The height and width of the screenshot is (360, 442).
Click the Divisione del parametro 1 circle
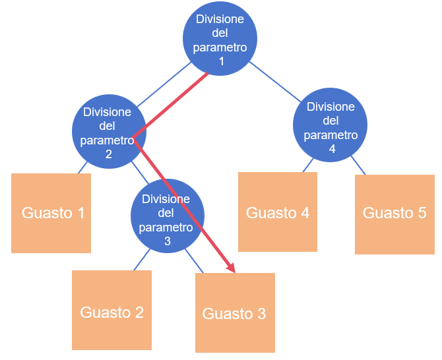[220, 40]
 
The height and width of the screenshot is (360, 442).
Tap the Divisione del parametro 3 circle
[168, 218]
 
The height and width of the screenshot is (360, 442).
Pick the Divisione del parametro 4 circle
[331, 127]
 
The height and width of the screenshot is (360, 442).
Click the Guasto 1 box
[51, 213]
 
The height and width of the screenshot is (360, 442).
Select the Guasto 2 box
[111, 310]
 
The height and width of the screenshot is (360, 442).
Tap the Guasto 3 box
[235, 313]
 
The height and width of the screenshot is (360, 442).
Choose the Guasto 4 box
[277, 212]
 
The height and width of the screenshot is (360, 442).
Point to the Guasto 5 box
[395, 214]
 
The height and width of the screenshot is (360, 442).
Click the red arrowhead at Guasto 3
[231, 268]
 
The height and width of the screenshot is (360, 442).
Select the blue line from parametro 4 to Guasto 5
[356, 165]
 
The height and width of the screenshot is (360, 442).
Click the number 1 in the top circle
[221, 61]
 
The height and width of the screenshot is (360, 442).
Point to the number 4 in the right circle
[332, 149]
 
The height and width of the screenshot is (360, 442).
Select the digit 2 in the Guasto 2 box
[138, 312]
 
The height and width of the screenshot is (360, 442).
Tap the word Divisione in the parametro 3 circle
[166, 199]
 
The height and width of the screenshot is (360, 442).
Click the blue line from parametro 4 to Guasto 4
[308, 165]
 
